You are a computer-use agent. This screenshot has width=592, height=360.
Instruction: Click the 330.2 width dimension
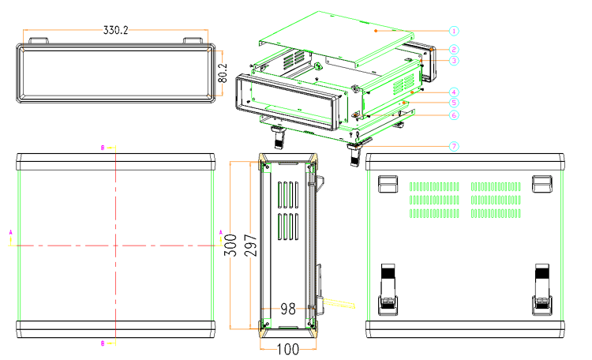click(116, 29)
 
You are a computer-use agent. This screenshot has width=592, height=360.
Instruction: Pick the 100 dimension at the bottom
click(287, 348)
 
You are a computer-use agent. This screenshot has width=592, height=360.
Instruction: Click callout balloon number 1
click(455, 31)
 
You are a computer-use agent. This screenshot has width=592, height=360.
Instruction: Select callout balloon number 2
click(455, 50)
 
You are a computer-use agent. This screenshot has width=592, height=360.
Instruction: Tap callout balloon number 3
click(455, 61)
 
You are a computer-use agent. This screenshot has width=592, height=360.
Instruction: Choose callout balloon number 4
click(455, 92)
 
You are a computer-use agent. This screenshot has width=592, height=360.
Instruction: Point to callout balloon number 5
click(455, 103)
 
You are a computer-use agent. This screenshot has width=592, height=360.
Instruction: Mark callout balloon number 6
click(455, 115)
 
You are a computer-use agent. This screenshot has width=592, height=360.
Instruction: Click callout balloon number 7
click(455, 146)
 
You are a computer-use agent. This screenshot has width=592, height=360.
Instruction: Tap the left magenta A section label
click(10, 232)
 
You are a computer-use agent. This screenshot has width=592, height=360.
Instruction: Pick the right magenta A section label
click(220, 232)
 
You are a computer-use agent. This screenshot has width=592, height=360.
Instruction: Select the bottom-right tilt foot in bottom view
click(541, 289)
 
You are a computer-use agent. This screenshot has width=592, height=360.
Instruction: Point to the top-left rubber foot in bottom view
click(387, 184)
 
